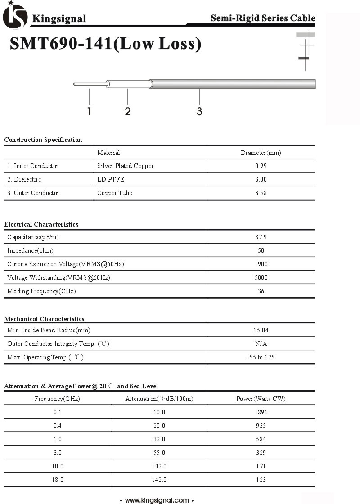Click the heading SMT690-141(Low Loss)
(105, 44)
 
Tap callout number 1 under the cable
(89, 111)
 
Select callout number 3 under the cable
(199, 111)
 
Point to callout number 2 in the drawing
(128, 111)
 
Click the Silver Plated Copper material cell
(126, 166)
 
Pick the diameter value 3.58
(261, 193)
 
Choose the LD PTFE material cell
(111, 179)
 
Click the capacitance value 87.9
(261, 237)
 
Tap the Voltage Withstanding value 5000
(261, 277)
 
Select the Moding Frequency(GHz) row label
(42, 291)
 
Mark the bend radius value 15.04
(261, 330)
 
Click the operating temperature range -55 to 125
(261, 357)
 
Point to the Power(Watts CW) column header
(261, 399)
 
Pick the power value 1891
(261, 412)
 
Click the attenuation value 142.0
(159, 480)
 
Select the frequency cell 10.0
(58, 466)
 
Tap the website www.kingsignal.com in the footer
(157, 500)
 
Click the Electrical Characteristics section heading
(41, 224)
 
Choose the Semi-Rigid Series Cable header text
(263, 18)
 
